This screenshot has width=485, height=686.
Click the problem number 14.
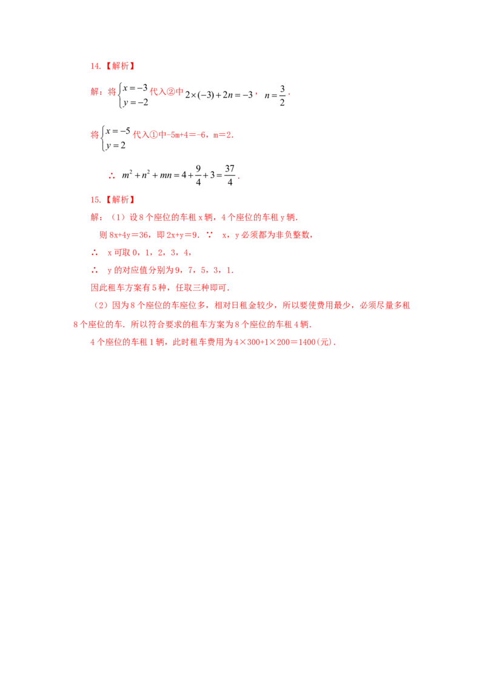96,66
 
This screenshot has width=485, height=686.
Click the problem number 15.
96,200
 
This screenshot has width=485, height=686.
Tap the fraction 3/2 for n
283,95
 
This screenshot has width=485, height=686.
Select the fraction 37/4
230,175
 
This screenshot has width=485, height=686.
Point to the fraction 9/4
198,175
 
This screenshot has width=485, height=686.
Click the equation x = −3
135,88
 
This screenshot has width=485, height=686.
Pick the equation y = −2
136,103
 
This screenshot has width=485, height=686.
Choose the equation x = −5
118,131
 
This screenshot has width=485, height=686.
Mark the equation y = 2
116,145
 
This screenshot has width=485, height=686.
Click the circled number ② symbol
171,92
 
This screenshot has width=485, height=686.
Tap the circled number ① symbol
153,135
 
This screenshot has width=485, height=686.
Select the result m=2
222,135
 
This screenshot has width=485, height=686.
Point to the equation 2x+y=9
182,235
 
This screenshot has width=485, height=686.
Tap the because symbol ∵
210,235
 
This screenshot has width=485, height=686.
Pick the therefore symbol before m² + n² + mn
112,176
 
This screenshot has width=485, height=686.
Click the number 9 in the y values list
178,270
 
